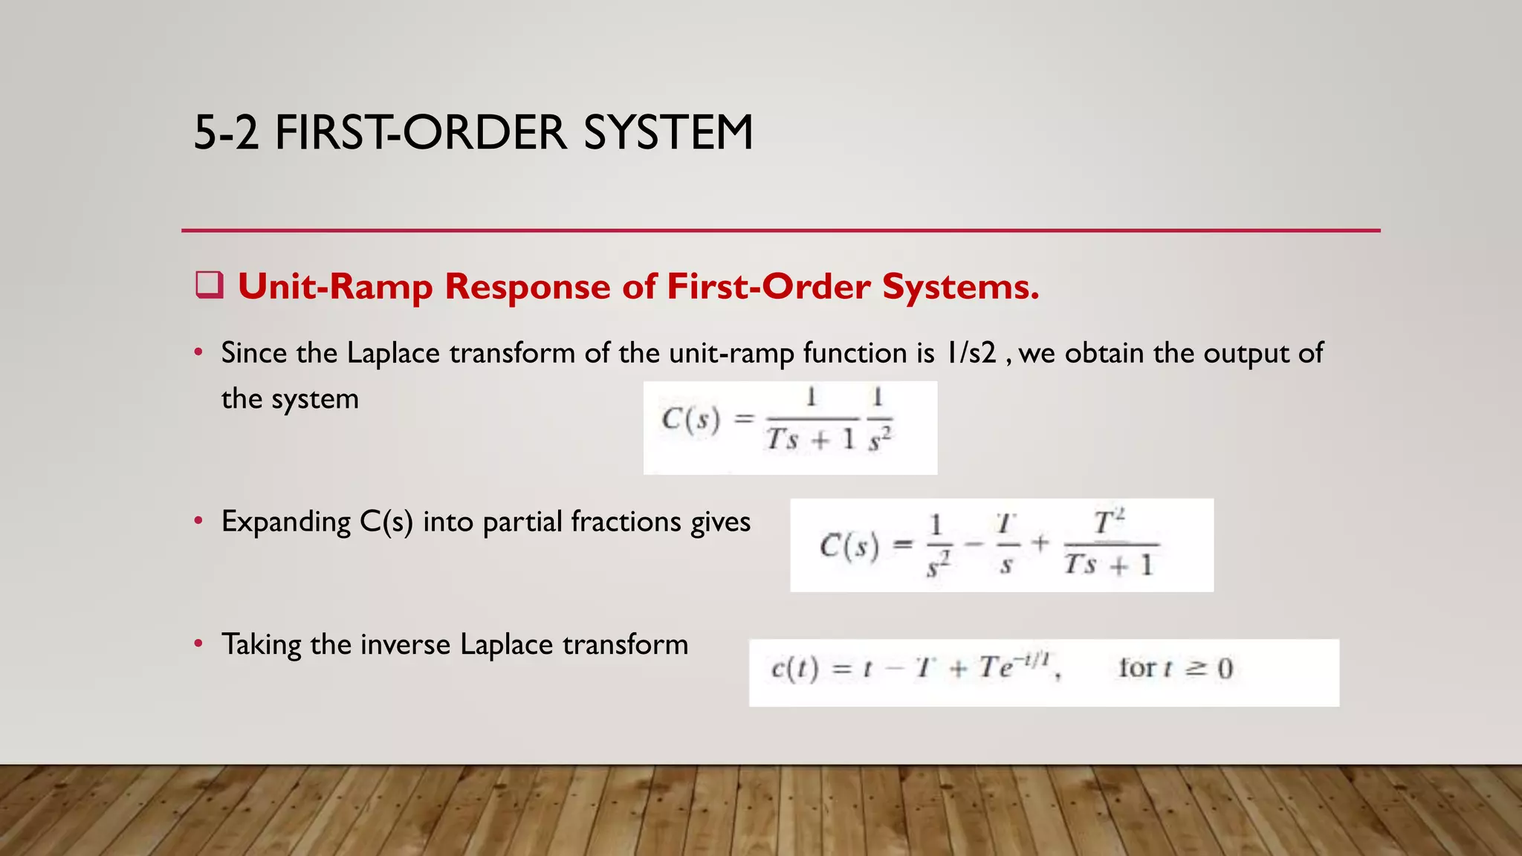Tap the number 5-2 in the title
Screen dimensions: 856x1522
[x=226, y=134]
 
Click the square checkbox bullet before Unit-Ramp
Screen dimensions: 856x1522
[x=210, y=285]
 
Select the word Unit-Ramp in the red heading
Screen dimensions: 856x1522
[x=334, y=287]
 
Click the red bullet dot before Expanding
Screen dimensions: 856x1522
[x=198, y=522]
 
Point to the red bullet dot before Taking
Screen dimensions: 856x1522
[x=198, y=644]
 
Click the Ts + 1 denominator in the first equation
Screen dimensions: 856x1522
[x=811, y=440]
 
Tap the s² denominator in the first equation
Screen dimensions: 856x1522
[x=879, y=440]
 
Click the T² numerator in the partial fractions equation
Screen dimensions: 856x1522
[x=1110, y=522]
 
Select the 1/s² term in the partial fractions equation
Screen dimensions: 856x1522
[x=938, y=546]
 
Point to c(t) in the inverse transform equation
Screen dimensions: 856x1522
[x=794, y=669]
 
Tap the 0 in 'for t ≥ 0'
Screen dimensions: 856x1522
[x=1225, y=669]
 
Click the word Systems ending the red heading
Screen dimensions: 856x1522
[x=960, y=287]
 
